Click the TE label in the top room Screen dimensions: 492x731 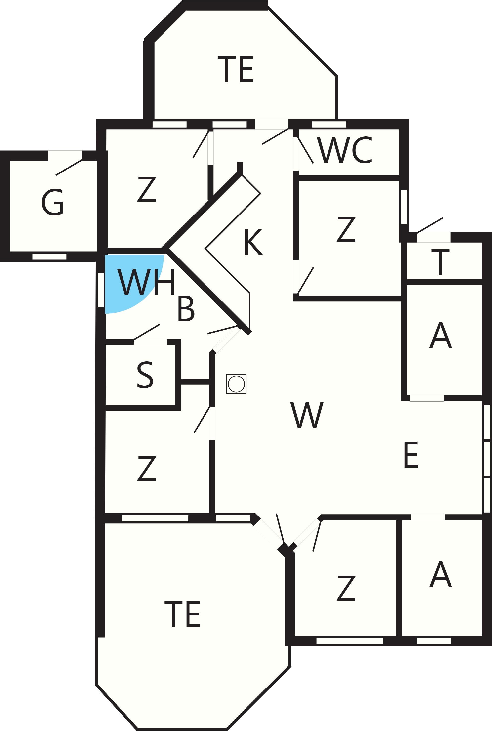click(235, 69)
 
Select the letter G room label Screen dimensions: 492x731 click(52, 202)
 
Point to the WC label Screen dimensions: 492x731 click(344, 150)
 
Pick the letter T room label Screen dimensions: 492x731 click(440, 262)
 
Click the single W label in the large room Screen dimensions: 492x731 click(307, 415)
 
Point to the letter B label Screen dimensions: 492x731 click(186, 308)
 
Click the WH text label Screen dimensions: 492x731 click(146, 282)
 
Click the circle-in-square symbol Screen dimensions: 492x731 click(236, 384)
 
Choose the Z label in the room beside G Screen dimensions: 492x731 click(147, 189)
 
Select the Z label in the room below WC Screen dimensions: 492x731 click(346, 229)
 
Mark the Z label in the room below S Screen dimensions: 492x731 click(147, 468)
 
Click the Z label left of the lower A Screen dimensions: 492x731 click(346, 588)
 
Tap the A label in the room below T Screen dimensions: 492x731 click(441, 335)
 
